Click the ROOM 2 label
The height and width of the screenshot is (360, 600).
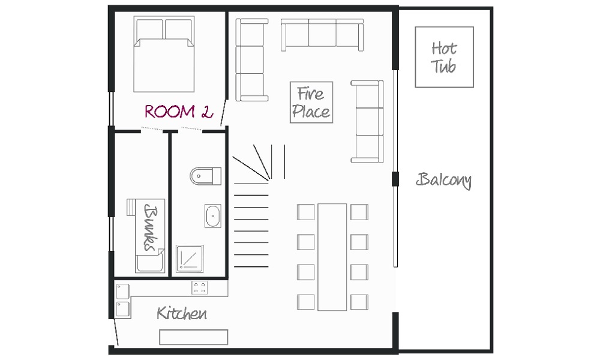(179, 112)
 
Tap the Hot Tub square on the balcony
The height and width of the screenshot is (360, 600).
(444, 57)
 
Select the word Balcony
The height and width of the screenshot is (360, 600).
(443, 180)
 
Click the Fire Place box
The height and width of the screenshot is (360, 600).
(311, 102)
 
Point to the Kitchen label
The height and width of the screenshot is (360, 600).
(182, 313)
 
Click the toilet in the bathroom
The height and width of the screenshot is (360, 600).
(205, 176)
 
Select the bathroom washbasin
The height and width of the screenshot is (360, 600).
(213, 216)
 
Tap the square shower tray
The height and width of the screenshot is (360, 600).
(190, 259)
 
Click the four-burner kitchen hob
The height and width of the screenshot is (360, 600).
(199, 287)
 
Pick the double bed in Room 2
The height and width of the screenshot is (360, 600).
(164, 54)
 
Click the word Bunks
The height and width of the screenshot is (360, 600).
(151, 228)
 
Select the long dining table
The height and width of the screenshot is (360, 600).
(332, 257)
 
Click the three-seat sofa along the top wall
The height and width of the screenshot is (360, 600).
(322, 35)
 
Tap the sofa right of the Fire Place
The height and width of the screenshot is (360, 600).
(367, 121)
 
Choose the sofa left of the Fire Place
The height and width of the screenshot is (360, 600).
(251, 59)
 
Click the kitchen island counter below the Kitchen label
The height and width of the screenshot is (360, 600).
(194, 337)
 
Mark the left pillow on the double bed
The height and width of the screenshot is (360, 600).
(149, 29)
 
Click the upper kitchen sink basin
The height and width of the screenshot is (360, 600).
(123, 292)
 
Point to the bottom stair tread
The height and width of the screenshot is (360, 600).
(251, 266)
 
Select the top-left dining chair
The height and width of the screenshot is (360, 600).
(306, 212)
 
